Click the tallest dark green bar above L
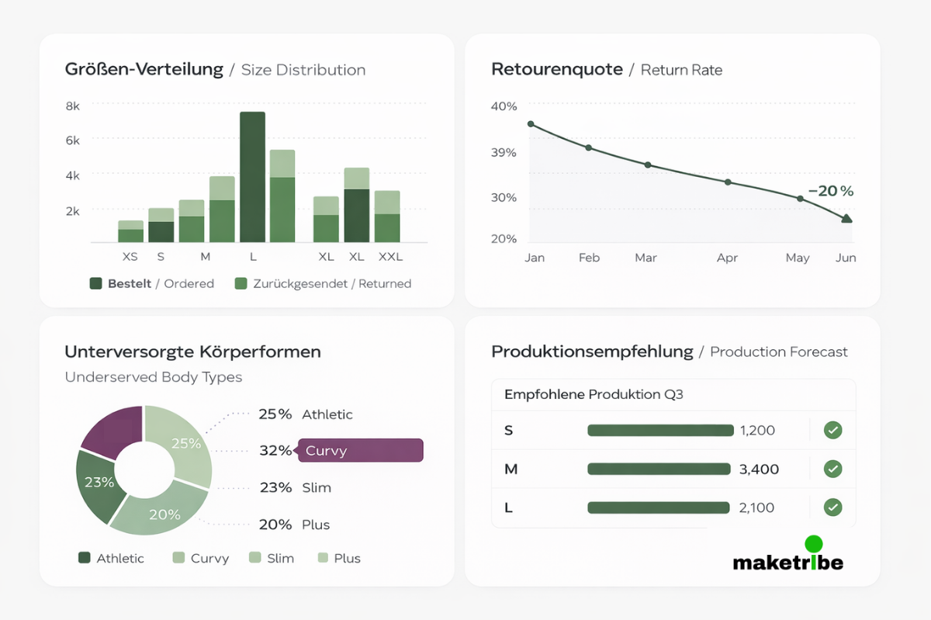point(252,177)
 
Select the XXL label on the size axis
point(390,256)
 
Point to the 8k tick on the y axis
point(72,106)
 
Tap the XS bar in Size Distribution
point(130,231)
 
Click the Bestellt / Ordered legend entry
point(152,284)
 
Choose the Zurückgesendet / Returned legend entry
point(323,284)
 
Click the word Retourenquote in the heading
point(557,70)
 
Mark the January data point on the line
point(531,124)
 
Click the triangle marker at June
point(846,219)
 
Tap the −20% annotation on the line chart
point(830,191)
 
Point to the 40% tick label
point(504,106)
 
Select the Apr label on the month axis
point(727,258)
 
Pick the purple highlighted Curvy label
point(361,451)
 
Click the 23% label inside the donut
point(99,482)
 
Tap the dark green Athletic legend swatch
point(85,558)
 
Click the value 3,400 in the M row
point(760,469)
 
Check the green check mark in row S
point(832,430)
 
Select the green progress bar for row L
point(659,508)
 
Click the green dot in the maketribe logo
point(814,544)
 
